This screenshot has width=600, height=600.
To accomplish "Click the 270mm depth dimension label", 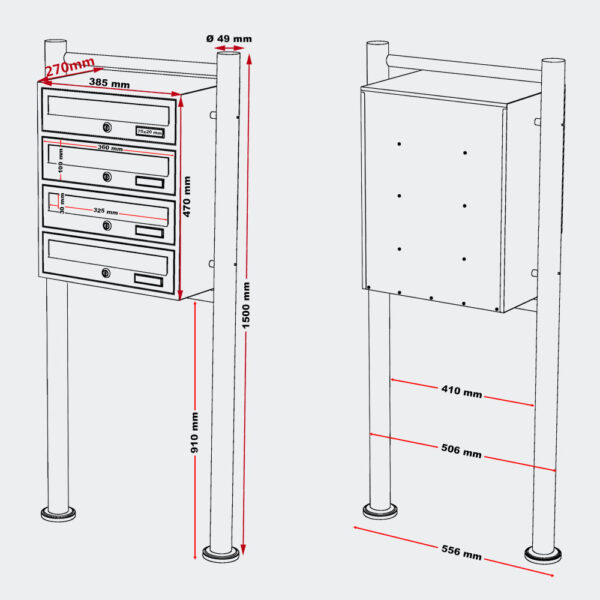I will (x=69, y=69).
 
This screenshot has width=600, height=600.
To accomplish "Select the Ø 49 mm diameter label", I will (x=229, y=39).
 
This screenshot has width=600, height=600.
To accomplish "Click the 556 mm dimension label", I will (x=460, y=552).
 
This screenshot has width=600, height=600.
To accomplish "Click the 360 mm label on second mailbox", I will (x=110, y=149).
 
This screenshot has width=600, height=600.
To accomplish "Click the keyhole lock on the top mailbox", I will (x=106, y=127).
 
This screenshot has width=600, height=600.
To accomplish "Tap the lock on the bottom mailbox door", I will (x=106, y=273).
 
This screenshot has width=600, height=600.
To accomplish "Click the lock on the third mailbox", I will (x=106, y=227).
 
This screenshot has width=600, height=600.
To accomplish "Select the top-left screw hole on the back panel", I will (x=399, y=144).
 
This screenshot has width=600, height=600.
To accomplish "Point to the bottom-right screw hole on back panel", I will (x=466, y=258).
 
